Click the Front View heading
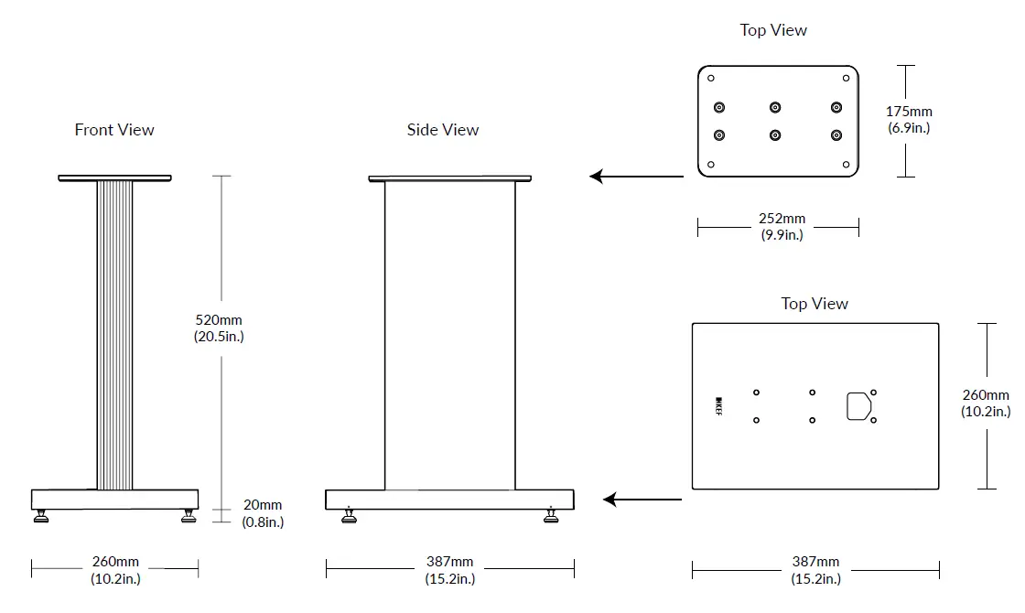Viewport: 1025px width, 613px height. click(x=114, y=130)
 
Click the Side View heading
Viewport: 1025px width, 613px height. click(x=443, y=130)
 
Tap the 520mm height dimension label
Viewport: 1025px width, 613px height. click(x=220, y=328)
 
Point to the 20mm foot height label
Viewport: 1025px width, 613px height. click(x=263, y=513)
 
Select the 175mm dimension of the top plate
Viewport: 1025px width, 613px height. click(x=909, y=120)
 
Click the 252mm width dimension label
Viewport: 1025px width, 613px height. click(x=782, y=227)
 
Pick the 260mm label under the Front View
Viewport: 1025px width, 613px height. click(x=115, y=570)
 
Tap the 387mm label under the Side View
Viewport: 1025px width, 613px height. click(x=449, y=570)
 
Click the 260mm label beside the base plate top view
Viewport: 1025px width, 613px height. click(x=986, y=403)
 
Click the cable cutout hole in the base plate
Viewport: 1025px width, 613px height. click(x=857, y=406)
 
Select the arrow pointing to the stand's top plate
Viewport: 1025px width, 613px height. click(x=635, y=176)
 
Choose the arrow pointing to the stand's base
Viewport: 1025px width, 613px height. click(x=642, y=500)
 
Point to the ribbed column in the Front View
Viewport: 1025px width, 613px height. click(x=115, y=334)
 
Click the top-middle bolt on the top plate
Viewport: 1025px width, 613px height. click(x=776, y=107)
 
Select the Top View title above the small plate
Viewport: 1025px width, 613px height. click(x=773, y=30)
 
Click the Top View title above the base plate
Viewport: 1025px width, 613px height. click(x=815, y=304)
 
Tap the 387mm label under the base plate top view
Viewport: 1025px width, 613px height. click(x=815, y=570)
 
